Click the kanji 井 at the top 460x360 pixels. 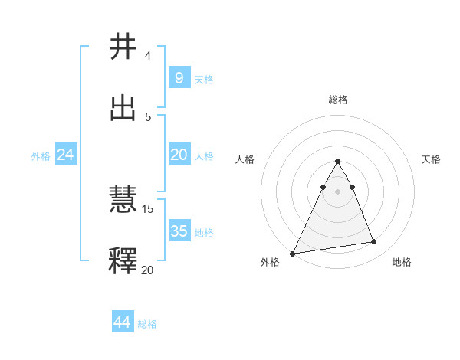(x=123, y=47)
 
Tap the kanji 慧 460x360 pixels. (x=123, y=200)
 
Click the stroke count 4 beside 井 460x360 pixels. (x=147, y=56)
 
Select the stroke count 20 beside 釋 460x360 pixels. (x=148, y=269)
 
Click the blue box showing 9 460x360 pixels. (x=179, y=77)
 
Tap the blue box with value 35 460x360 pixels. (x=179, y=231)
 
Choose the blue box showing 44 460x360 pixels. (x=123, y=322)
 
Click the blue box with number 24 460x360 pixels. (x=65, y=155)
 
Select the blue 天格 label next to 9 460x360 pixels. (x=204, y=79)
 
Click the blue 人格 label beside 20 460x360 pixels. (x=204, y=155)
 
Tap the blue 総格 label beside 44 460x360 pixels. (x=147, y=324)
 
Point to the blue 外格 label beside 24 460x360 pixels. (x=41, y=155)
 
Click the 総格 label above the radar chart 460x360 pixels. (x=337, y=100)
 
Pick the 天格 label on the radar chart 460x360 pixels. (x=431, y=159)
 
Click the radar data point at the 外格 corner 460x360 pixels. (x=293, y=253)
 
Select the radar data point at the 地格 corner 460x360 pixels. (x=374, y=242)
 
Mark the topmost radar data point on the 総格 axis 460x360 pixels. (x=337, y=161)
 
